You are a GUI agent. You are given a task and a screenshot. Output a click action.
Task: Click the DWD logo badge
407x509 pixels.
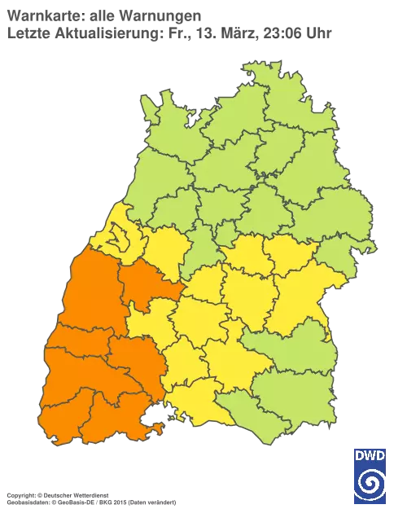[370, 474]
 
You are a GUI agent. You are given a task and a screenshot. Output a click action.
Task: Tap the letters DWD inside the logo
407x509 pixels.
[370, 455]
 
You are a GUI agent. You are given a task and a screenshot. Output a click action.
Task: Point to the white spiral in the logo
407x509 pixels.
[370, 484]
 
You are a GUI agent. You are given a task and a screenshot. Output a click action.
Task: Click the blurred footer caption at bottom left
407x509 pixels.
[90, 494]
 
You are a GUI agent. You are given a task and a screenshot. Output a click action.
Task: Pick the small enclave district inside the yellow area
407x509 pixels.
[120, 239]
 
